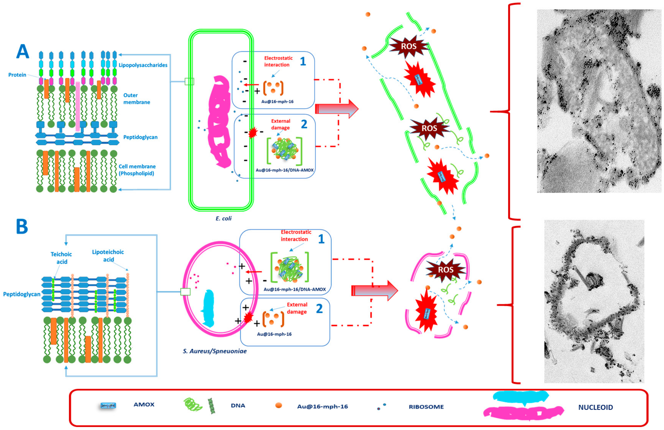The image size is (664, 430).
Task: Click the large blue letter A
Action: [23, 52]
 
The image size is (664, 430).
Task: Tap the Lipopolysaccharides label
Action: [143, 65]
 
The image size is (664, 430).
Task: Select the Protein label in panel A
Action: [17, 75]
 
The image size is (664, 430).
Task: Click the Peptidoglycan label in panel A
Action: [140, 137]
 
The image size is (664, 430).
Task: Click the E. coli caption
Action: [223, 218]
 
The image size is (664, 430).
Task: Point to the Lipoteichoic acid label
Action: [108, 256]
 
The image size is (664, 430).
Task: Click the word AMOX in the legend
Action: [144, 404]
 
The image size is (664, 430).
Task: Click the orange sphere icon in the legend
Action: [278, 405]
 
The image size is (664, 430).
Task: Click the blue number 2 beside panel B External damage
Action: [319, 308]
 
